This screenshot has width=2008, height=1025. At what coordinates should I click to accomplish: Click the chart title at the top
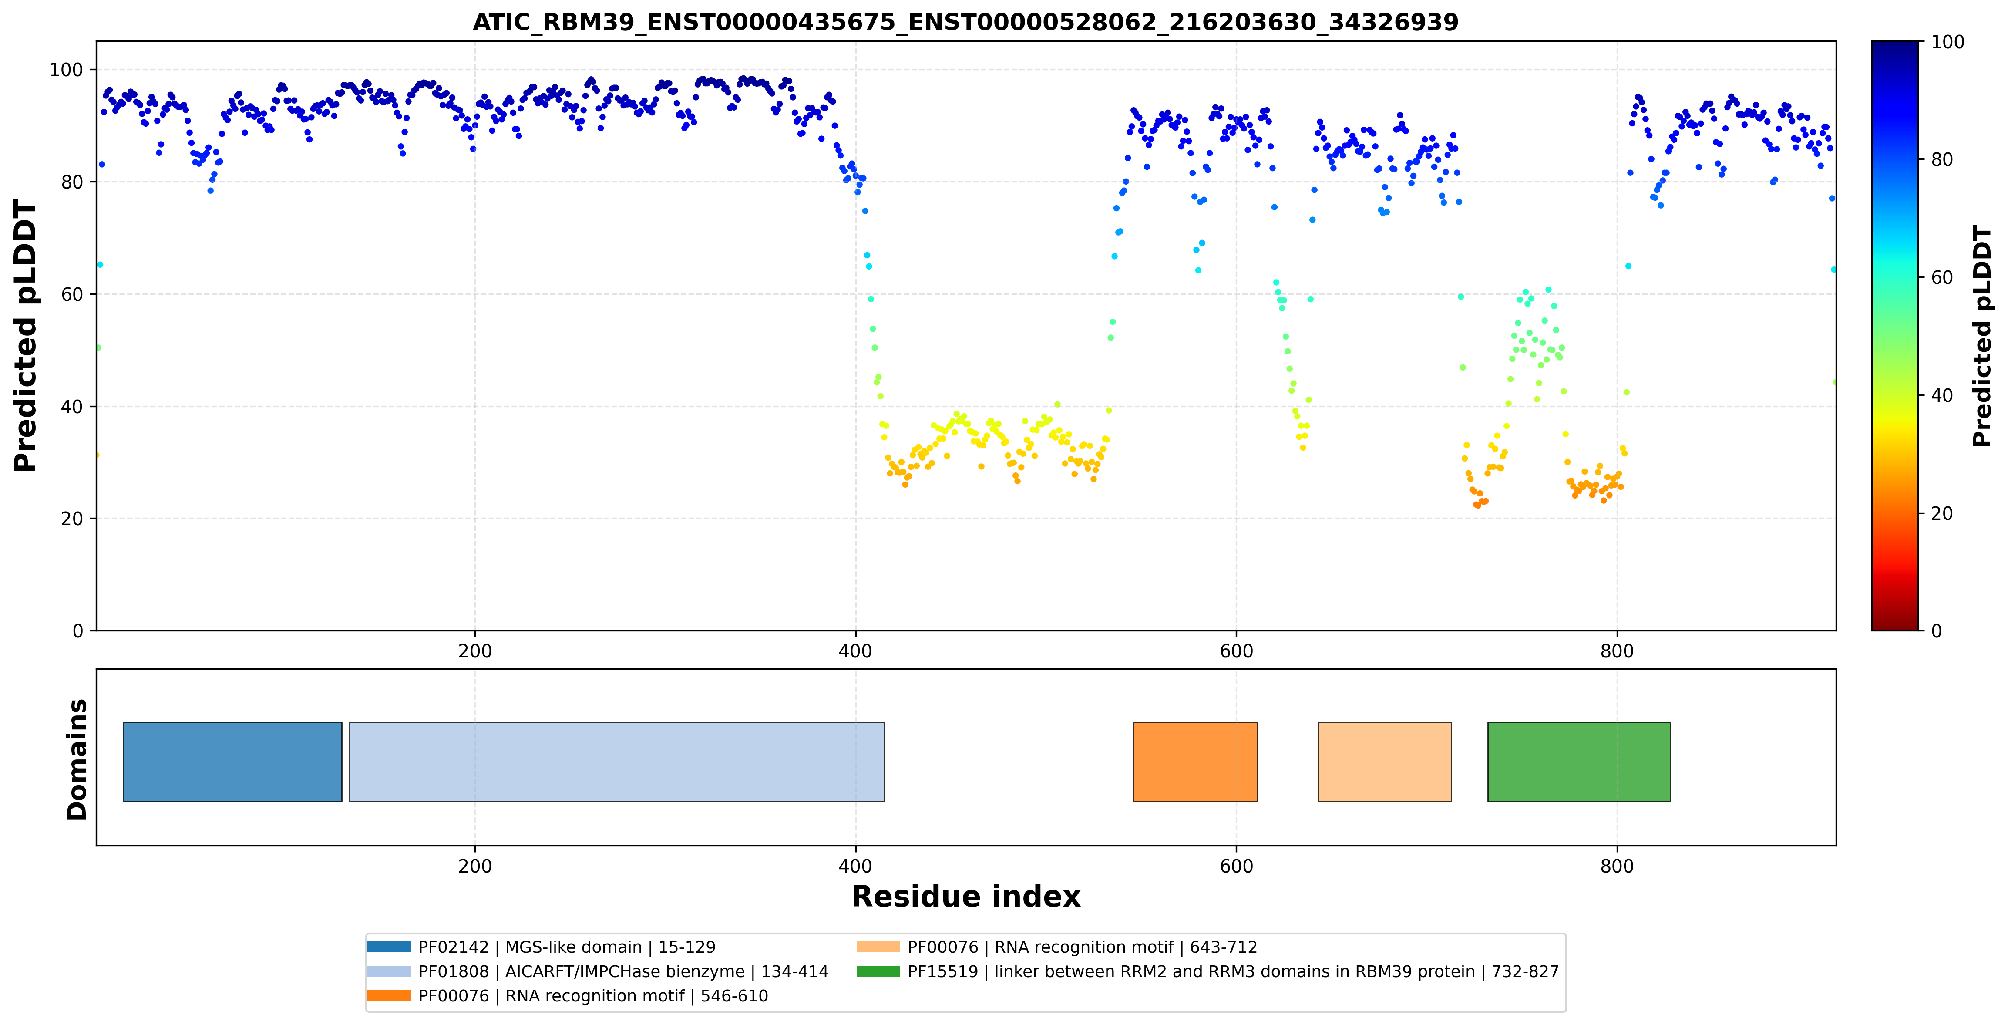965,22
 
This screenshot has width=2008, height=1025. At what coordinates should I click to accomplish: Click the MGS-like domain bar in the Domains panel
232,762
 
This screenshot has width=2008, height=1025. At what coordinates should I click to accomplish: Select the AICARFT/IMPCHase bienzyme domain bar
616,762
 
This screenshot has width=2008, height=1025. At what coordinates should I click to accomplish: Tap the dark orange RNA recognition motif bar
1195,762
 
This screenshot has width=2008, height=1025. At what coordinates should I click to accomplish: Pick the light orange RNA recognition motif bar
1384,762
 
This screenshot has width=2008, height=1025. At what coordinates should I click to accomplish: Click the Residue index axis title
966,897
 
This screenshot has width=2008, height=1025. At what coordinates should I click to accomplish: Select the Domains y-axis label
77,760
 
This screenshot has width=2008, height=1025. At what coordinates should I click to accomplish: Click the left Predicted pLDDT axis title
26,336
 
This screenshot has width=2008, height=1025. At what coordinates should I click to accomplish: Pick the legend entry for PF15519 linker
1207,971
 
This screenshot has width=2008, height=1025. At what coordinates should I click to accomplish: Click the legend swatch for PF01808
389,971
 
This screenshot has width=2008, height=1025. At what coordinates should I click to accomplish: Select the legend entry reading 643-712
1057,947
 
